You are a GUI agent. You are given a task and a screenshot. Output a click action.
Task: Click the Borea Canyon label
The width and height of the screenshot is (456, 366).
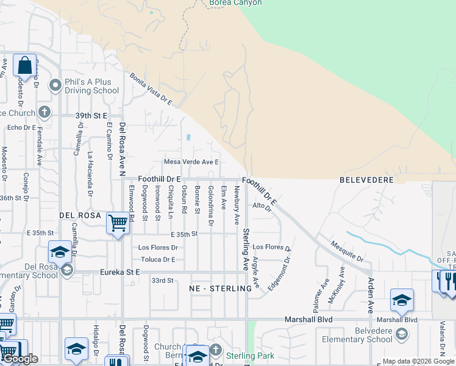(x=235, y=3)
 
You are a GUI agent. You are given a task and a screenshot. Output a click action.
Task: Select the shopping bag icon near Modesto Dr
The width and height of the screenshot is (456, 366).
(x=24, y=65)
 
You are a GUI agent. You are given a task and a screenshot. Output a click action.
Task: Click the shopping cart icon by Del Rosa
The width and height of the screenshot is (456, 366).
(x=117, y=223)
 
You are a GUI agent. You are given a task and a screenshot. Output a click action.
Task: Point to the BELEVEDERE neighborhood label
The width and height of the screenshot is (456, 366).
(x=365, y=181)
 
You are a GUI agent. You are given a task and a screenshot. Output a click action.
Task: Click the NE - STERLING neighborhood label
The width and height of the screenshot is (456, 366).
(x=221, y=288)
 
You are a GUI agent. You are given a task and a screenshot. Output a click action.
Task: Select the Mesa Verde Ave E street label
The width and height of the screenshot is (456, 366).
(x=191, y=162)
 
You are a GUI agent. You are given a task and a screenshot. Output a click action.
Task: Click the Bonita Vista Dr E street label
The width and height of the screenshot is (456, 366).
(x=151, y=90)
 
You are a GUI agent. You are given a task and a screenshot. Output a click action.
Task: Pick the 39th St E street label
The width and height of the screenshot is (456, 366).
(x=91, y=115)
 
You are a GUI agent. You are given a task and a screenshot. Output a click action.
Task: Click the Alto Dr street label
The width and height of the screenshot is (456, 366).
(x=261, y=207)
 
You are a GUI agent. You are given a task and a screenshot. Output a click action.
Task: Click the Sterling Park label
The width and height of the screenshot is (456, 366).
(x=250, y=356)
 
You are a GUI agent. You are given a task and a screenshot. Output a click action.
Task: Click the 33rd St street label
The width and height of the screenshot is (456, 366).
(x=162, y=281)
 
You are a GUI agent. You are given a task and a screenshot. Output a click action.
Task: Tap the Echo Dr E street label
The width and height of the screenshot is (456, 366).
(x=22, y=127)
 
